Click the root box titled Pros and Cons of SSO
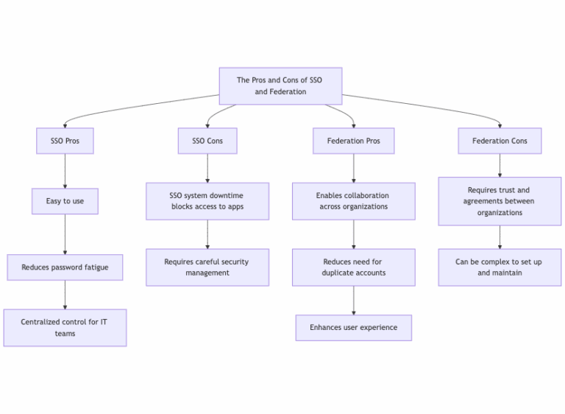(280, 86)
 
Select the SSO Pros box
(65, 141)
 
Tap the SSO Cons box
(207, 141)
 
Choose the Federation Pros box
(353, 141)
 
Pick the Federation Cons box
(500, 141)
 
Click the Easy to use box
(65, 201)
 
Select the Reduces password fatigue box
(65, 267)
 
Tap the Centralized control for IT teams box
(65, 328)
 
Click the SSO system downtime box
(207, 201)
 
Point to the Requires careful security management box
(207, 267)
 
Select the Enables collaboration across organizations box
(353, 201)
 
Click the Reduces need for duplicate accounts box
(353, 267)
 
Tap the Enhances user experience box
(353, 328)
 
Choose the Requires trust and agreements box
(500, 201)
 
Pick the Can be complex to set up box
(500, 267)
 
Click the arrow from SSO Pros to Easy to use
(65, 171)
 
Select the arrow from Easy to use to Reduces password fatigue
(65, 234)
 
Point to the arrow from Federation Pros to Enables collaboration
(353, 168)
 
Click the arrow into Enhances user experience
(353, 301)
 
